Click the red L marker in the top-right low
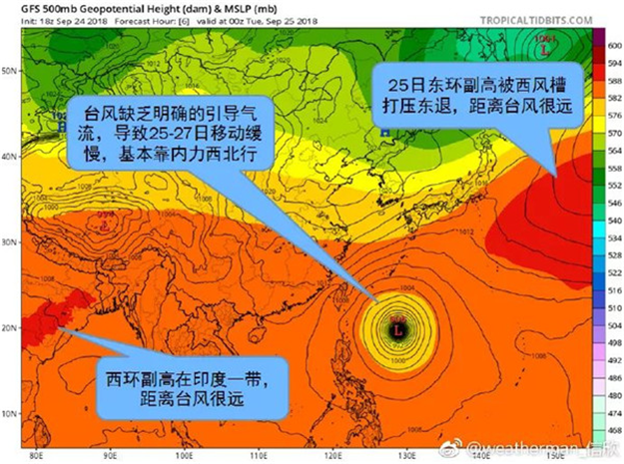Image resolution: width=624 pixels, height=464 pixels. [x=544, y=46]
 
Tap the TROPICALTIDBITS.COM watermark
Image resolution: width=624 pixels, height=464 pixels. [x=551, y=19]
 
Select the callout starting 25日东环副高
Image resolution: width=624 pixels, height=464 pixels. [x=478, y=91]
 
